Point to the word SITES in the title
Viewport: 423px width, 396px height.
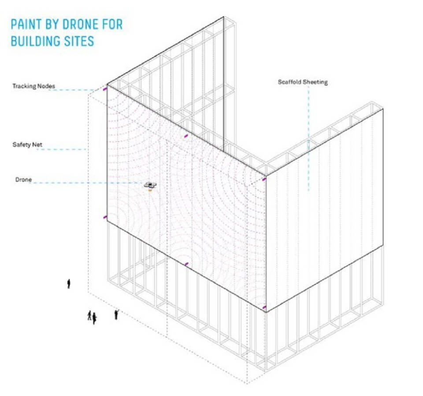coord(79,41)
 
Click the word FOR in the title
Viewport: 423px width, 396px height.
coord(112,25)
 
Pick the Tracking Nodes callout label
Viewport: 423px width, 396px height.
coord(34,86)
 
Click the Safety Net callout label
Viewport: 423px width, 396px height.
coord(27,145)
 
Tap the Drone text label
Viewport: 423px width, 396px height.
coord(23,180)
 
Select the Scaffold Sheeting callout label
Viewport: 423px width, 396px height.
coord(303,82)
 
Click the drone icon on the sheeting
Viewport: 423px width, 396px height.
coord(150,186)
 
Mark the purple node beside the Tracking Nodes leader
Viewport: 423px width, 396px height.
coord(105,89)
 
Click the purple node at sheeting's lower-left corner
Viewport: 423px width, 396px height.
coord(105,217)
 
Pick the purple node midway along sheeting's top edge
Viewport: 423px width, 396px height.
coord(186,136)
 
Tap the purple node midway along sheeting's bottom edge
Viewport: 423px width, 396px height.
coord(186,264)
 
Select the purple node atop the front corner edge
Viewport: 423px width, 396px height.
coord(264,179)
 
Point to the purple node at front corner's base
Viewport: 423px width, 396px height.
coord(264,307)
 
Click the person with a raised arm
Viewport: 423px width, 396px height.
coord(116,314)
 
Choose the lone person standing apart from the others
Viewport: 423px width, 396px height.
coord(69,284)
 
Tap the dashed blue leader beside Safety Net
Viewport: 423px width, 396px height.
coord(62,149)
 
